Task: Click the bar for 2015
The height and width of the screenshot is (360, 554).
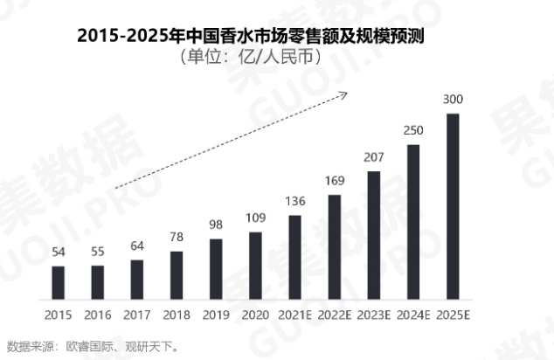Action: (x=59, y=281)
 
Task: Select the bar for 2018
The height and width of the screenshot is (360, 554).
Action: (x=177, y=274)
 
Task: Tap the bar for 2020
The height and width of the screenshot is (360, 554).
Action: (x=255, y=265)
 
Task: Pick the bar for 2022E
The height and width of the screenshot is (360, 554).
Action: (x=335, y=246)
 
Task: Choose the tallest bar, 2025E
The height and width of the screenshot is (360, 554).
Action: (x=453, y=205)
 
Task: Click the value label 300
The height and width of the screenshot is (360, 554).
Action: (x=453, y=100)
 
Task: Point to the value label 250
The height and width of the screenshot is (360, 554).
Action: (x=413, y=131)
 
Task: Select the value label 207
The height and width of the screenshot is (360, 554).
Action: (x=374, y=158)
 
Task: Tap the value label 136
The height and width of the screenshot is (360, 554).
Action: (x=295, y=202)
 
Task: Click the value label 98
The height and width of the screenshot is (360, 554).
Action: (x=216, y=225)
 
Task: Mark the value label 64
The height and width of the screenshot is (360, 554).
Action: (x=137, y=246)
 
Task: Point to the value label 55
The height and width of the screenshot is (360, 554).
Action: (x=98, y=253)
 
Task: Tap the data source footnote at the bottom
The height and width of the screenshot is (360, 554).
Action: (x=93, y=346)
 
